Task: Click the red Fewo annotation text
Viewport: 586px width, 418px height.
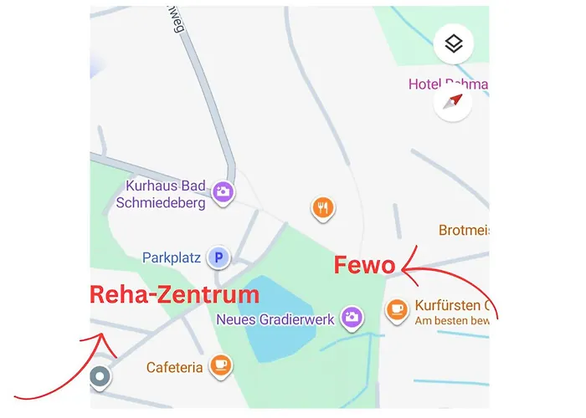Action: [364, 266]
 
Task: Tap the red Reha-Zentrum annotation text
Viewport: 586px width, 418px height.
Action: [174, 294]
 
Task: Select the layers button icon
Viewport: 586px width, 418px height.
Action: [454, 44]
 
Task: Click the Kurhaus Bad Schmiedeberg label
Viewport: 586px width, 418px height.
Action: [165, 193]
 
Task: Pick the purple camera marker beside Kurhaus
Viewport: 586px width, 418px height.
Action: [223, 191]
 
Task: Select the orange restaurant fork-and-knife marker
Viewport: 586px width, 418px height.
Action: [322, 207]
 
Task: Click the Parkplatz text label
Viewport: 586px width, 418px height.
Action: [172, 257]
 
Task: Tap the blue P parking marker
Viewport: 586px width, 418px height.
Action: [218, 257]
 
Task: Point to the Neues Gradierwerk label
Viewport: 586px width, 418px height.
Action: [275, 319]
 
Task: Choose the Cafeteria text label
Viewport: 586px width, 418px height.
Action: [174, 367]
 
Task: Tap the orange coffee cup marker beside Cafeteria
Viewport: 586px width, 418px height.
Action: [221, 364]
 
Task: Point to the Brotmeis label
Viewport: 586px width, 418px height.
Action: [464, 229]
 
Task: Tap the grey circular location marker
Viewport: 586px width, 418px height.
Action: [100, 377]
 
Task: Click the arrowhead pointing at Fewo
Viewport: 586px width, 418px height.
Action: [406, 268]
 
